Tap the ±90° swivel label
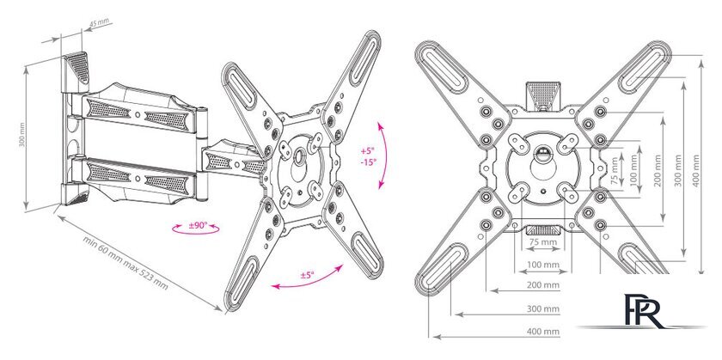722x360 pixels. [198, 226]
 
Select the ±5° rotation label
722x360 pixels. [307, 275]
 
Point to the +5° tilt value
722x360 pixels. [368, 151]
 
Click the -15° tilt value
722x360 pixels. [369, 162]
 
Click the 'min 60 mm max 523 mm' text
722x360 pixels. [125, 263]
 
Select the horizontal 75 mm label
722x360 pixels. [542, 241]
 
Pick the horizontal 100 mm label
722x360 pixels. [543, 265]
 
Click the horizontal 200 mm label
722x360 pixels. [543, 285]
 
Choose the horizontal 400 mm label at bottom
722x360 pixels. [543, 331]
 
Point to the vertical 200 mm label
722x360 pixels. [657, 170]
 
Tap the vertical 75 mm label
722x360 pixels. [615, 171]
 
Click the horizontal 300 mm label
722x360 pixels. [543, 308]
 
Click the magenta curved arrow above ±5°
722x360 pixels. [307, 278]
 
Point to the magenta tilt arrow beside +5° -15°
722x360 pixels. [382, 156]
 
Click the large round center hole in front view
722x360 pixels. [543, 166]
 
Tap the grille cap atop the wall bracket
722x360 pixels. [76, 67]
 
